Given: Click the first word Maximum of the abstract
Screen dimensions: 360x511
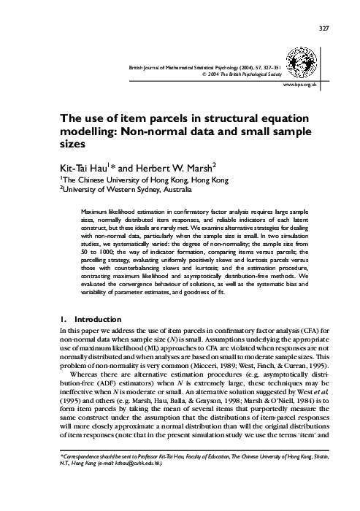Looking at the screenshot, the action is (97, 210).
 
